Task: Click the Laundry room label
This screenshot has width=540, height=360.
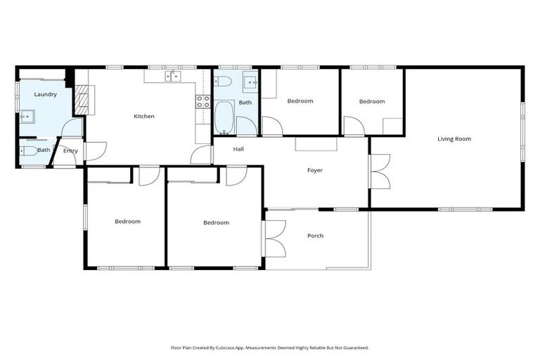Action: coord(45,94)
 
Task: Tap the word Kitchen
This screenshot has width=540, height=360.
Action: coord(144,116)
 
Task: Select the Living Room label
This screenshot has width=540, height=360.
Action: coord(454,139)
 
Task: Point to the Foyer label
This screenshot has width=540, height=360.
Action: coord(314,170)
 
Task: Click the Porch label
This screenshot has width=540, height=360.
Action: coord(315,236)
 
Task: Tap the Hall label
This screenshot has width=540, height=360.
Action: coord(238,149)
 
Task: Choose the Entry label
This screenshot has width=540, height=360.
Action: coord(70,150)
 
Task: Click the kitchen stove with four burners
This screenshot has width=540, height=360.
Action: coord(202,101)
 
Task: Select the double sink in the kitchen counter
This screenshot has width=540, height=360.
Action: coord(172,76)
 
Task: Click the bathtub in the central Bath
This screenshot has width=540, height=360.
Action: coord(224,118)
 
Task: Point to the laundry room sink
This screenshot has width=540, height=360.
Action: coord(28,116)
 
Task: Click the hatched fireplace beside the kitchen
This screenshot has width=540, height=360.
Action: coord(82,100)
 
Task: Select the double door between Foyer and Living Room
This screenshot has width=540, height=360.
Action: coord(379,172)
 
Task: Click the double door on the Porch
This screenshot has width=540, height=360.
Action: coord(274,238)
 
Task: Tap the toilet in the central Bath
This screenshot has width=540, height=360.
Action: coord(221,80)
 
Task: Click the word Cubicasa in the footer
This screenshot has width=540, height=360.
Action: coord(227,347)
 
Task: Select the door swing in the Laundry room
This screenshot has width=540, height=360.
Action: coord(72,128)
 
